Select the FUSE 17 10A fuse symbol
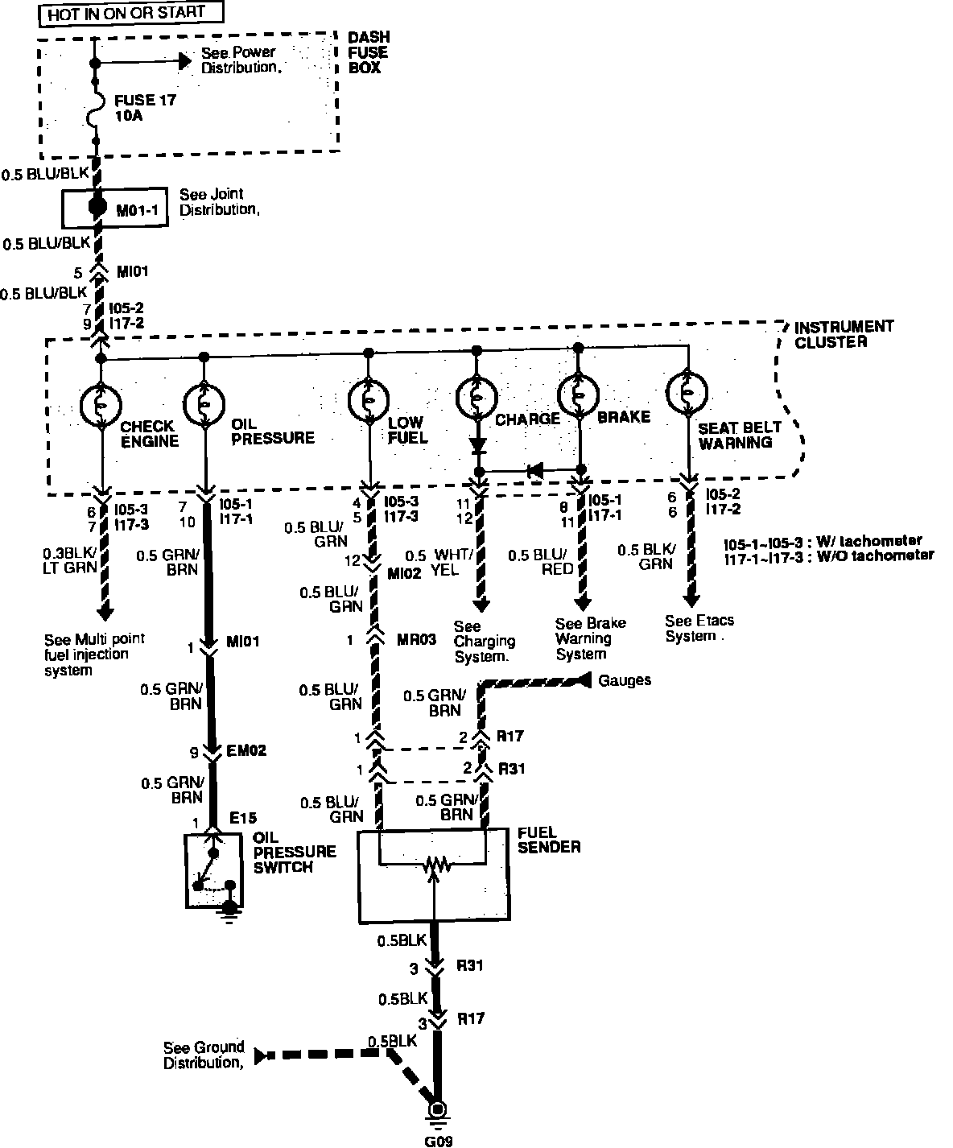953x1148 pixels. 95,108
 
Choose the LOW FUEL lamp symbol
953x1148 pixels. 369,399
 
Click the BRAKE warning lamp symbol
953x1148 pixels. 578,395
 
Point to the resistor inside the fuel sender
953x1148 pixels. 434,865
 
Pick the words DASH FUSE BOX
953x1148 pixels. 368,53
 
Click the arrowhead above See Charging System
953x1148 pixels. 481,605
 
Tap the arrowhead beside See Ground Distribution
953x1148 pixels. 261,1055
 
